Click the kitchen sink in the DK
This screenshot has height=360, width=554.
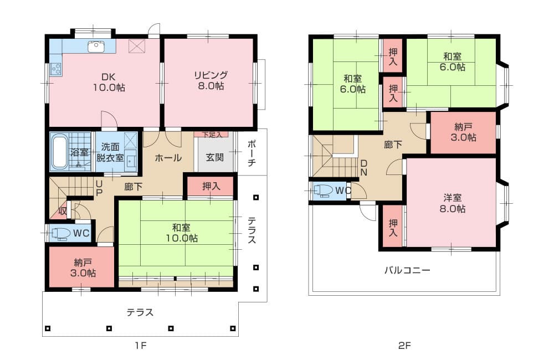pos(96,47)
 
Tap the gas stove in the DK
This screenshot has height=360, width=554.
pos(56,69)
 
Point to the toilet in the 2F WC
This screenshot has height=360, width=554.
pos(323,191)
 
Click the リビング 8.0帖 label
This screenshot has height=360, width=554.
pos(211,80)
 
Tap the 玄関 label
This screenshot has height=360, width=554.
pos(214,157)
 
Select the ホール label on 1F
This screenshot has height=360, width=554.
pos(168,158)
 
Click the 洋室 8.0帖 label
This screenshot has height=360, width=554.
pos(452,203)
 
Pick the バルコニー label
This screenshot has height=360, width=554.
pos(407,271)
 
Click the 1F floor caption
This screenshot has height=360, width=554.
pos(140,345)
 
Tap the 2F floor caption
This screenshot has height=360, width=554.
pos(404,345)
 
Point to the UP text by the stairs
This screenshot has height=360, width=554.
pos(99,189)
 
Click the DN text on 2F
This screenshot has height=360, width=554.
pos(363,168)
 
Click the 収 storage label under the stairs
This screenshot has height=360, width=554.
pos(63,211)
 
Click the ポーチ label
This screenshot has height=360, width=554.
pos(251,153)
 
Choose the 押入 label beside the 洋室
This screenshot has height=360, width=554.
pos(393,228)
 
